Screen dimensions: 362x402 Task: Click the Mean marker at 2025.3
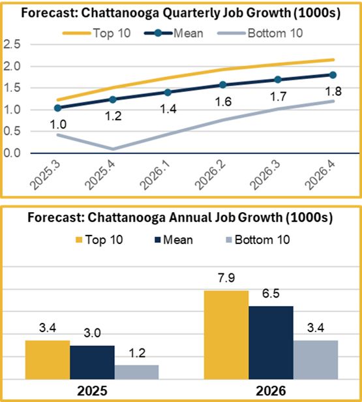(x=58, y=108)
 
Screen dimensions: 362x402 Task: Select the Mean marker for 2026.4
(x=333, y=75)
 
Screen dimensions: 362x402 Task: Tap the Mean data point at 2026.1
(x=168, y=92)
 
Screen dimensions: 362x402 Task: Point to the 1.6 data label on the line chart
(x=223, y=102)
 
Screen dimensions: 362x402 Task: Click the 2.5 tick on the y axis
(x=12, y=44)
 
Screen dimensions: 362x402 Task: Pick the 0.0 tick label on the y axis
(x=12, y=153)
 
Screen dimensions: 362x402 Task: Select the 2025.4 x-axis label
(x=100, y=175)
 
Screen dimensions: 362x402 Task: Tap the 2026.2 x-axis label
(x=210, y=175)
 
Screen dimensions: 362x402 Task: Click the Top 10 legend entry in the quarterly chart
(x=97, y=33)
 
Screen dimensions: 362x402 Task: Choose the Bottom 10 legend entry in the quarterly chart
(x=260, y=33)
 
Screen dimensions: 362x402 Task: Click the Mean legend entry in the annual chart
(x=174, y=240)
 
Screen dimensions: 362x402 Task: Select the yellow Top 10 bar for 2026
(x=226, y=335)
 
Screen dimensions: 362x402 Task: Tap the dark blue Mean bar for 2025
(x=92, y=362)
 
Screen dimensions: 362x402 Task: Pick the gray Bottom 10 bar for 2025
(x=136, y=372)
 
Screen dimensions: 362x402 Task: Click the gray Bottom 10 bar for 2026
(x=316, y=360)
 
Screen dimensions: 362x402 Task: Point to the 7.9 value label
(x=226, y=278)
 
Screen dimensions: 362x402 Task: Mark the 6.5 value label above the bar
(x=271, y=294)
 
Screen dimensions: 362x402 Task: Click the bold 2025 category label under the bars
(x=92, y=391)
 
